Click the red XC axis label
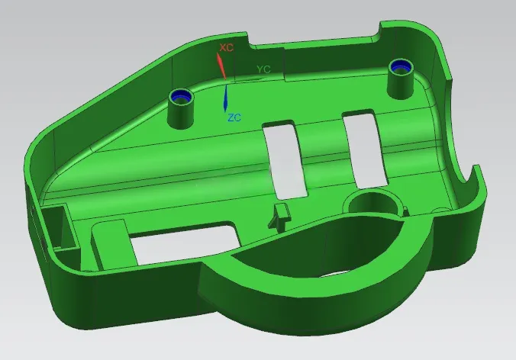(x=227, y=47)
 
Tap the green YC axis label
(x=263, y=69)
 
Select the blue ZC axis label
(x=234, y=117)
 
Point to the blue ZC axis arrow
(x=226, y=98)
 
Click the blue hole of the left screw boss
(x=181, y=96)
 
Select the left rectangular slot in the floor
(x=285, y=160)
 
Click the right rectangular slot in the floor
(x=365, y=150)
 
